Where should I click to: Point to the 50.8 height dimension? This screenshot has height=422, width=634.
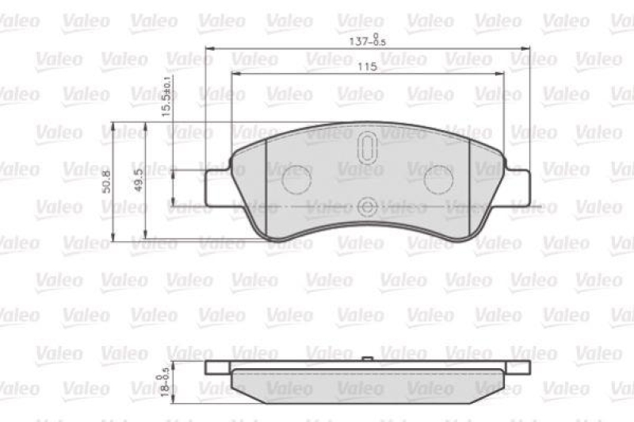[107, 182]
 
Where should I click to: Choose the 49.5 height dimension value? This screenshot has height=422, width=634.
[139, 182]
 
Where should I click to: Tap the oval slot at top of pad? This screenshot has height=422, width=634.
[367, 148]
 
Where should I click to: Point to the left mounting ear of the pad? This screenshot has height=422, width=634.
[218, 186]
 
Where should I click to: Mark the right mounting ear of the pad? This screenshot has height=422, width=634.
[517, 186]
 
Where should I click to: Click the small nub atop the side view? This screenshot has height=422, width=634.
[367, 359]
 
